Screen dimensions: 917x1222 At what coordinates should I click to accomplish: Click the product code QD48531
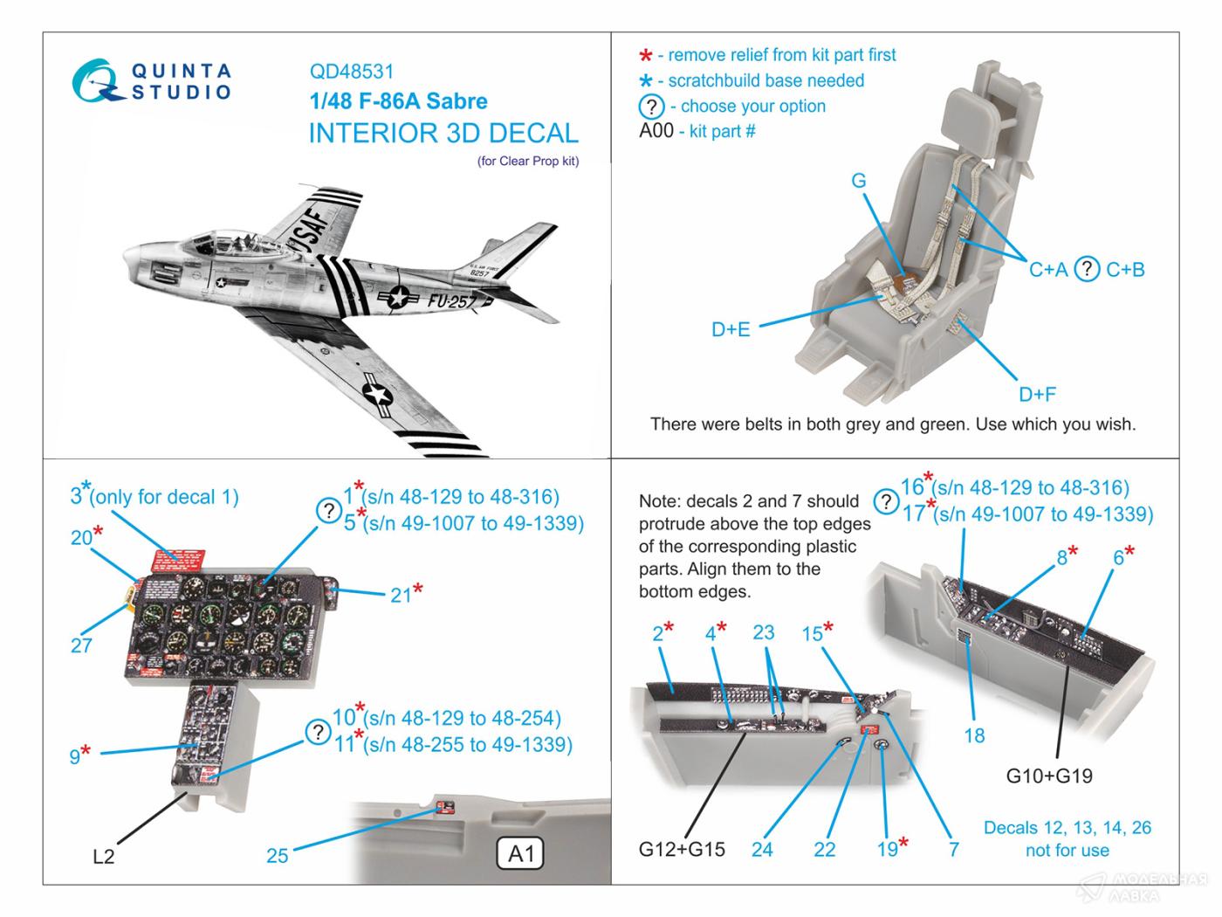pos(351,72)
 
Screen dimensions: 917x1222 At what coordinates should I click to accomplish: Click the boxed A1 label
pos(520,853)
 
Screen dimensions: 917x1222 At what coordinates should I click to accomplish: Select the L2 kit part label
pos(103,857)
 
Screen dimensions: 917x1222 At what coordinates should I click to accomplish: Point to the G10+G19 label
pos(1049,776)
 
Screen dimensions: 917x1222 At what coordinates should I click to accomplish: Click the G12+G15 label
pos(682,849)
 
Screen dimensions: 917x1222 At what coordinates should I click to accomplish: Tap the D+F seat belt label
pos(1037,395)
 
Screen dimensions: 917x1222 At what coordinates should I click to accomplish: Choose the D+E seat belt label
pos(731,329)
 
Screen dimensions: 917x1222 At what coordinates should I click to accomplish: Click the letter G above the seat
pos(859,181)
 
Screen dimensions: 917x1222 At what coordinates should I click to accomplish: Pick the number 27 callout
pos(81,646)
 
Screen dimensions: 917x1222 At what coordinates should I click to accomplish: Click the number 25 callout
pos(277,856)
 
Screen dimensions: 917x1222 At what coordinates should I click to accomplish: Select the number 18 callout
pos(974,735)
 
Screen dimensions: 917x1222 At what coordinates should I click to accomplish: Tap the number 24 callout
pos(762,849)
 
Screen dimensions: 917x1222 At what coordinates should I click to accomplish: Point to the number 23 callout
pos(763,632)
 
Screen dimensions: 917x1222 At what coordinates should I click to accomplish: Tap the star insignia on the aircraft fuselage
pos(398,298)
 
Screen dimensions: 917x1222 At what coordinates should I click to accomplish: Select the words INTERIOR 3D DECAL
pos(443,134)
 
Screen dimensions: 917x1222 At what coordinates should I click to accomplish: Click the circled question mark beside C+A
pos(1086,269)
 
